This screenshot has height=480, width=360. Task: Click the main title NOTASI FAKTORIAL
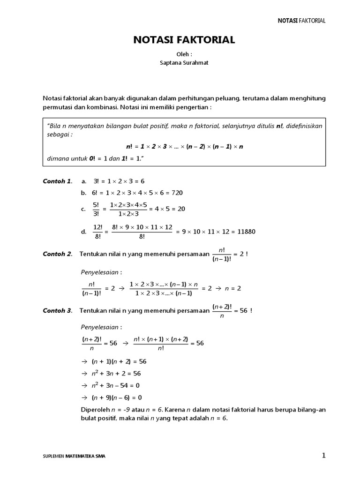tap(184, 41)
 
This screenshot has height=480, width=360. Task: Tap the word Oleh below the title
tap(184, 54)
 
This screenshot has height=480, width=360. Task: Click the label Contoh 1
tap(58, 180)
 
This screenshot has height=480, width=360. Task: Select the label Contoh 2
tap(58, 254)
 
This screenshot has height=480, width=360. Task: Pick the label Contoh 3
tap(58, 310)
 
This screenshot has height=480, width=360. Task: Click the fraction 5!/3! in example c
tap(96, 209)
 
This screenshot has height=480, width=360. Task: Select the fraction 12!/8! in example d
tap(97, 232)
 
